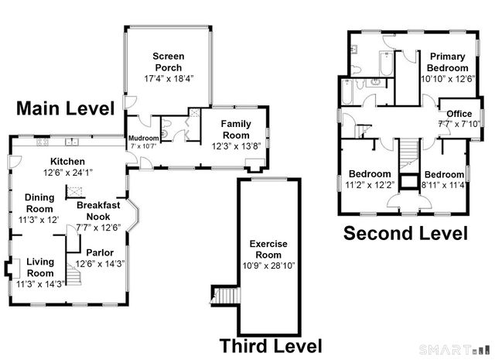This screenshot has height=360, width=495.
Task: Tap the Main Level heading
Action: pyautogui.click(x=65, y=108)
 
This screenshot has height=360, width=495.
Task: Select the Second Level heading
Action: pyautogui.click(x=405, y=232)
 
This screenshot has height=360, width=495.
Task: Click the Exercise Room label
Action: pyautogui.click(x=268, y=249)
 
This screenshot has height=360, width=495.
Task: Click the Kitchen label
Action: pyautogui.click(x=24, y=161)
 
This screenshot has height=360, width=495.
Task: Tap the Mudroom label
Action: pyautogui.click(x=143, y=139)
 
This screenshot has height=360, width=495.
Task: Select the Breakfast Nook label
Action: pyautogui.click(x=97, y=211)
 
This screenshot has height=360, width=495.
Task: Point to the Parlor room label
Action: pyautogui.click(x=99, y=252)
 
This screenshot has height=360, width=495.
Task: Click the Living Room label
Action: pyautogui.click(x=40, y=268)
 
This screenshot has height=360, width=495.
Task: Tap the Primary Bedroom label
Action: pyautogui.click(x=447, y=62)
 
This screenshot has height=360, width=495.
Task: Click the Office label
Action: pyautogui.click(x=459, y=114)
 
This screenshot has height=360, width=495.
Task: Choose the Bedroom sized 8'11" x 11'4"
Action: pyautogui.click(x=444, y=174)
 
